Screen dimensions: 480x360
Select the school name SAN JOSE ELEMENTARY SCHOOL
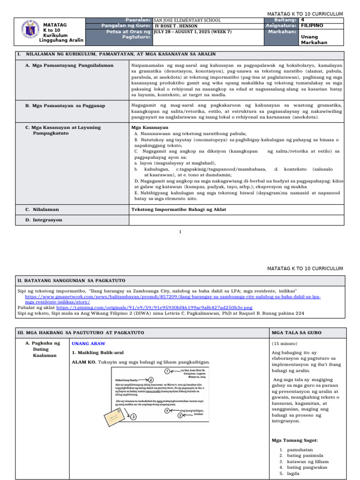click(187, 20)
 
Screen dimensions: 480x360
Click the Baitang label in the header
click(285, 20)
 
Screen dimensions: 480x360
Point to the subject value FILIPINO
click(312, 26)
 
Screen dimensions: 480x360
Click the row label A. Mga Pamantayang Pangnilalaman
click(69, 65)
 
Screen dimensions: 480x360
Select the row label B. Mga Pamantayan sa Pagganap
click(65, 106)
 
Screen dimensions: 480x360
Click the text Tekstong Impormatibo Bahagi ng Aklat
click(179, 209)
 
